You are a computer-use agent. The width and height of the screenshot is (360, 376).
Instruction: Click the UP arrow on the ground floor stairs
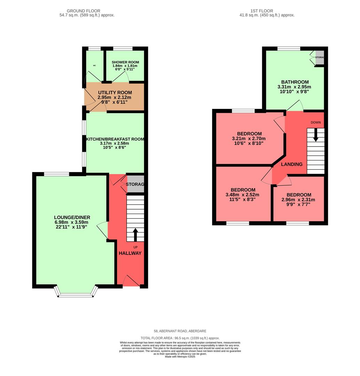(135, 235)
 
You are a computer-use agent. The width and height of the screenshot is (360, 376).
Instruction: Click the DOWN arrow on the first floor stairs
(315, 135)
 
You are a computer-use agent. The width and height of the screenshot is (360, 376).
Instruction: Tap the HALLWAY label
(130, 253)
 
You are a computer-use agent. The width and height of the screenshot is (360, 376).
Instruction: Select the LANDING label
(292, 164)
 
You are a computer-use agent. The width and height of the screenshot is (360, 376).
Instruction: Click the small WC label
(94, 65)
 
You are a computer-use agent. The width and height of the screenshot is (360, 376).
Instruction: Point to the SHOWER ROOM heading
(124, 62)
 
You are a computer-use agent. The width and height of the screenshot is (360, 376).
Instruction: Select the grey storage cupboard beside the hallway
(135, 185)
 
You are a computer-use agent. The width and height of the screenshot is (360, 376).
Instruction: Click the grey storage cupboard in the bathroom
(319, 58)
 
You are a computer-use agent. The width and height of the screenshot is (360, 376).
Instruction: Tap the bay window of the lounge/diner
(76, 295)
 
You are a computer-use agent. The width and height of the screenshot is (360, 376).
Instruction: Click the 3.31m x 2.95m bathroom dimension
(294, 87)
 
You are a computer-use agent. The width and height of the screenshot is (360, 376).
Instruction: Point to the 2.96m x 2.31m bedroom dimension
(298, 200)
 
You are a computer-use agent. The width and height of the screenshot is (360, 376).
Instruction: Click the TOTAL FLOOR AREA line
(180, 338)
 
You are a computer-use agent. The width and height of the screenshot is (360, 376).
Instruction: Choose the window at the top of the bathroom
(289, 49)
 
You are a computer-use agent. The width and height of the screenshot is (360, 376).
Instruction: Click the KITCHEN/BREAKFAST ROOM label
(115, 139)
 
